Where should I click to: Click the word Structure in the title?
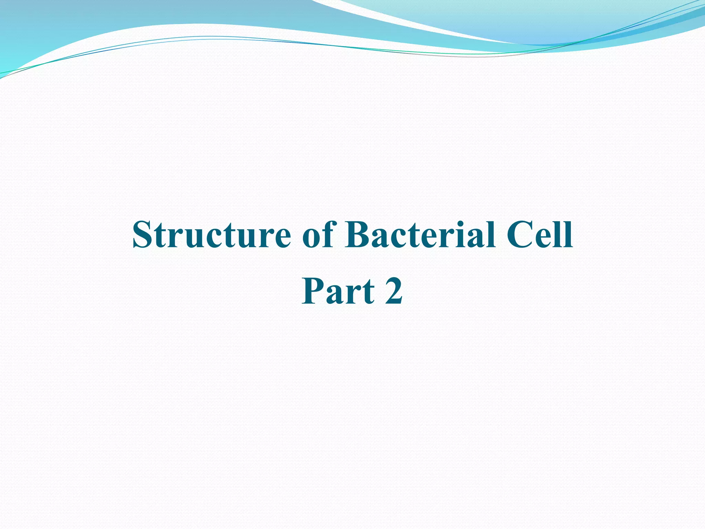coord(211,235)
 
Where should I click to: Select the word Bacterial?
coord(420,235)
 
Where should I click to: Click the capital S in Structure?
coord(142,235)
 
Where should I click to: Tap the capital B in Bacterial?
coord(358,235)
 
